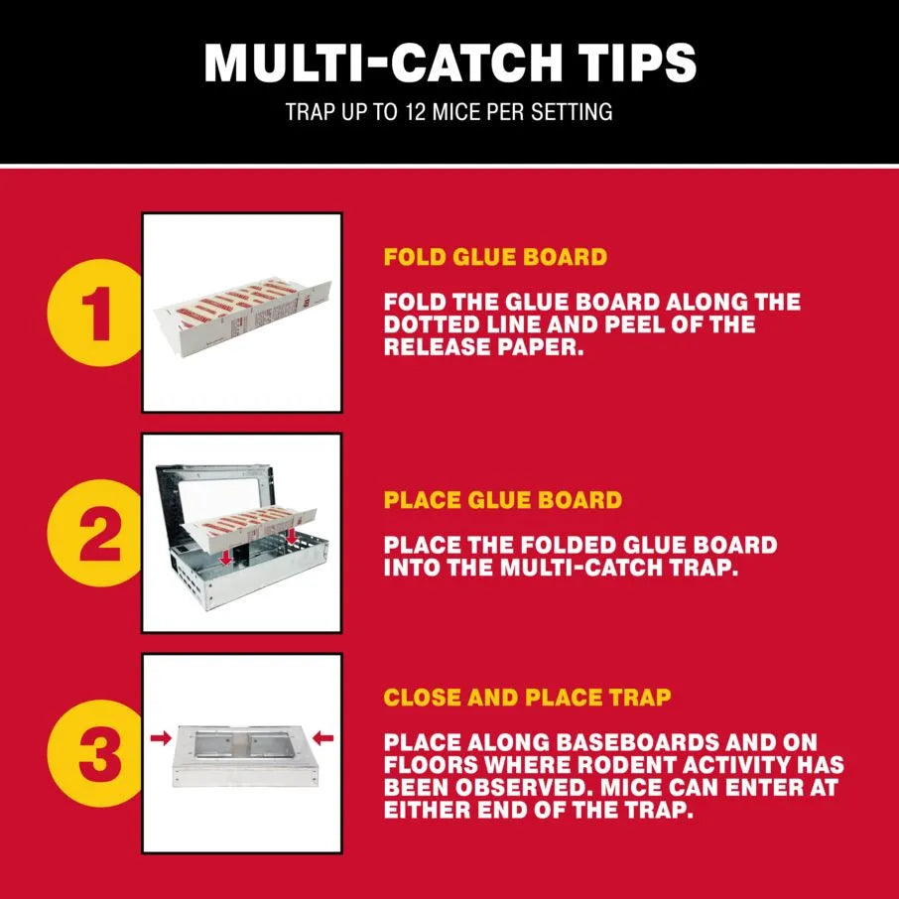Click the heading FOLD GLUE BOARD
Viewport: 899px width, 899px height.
click(495, 257)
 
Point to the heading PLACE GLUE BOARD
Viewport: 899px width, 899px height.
click(502, 500)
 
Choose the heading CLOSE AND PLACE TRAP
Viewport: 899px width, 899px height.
click(527, 697)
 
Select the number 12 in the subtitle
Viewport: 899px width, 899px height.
click(417, 111)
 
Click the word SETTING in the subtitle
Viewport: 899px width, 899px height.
click(576, 111)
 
